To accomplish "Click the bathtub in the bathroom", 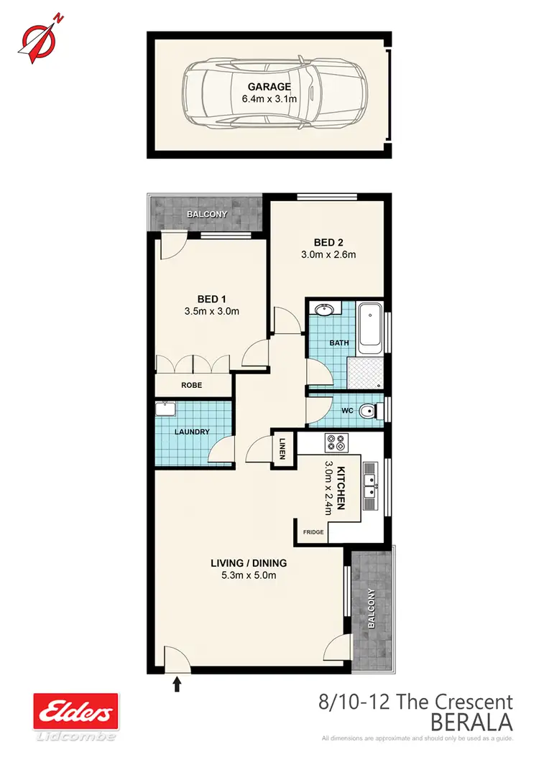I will pos(371,328).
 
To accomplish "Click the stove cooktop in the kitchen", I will pos(336,442).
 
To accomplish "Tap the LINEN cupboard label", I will pos(283,449).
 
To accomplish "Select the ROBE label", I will pos(192,386).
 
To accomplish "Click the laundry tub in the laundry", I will pos(167,409).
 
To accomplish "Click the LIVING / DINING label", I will pos(249,562).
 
